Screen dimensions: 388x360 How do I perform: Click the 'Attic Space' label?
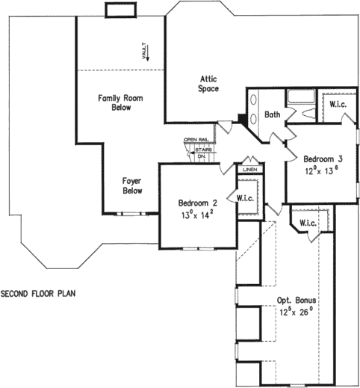[208, 83]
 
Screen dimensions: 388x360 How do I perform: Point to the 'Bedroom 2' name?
[197, 203]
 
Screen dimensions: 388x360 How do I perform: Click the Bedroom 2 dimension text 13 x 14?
[197, 215]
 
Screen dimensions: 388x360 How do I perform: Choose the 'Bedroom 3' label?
[323, 158]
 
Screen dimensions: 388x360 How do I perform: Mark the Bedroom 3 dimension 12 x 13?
[323, 170]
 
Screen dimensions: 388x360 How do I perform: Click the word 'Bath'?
[273, 115]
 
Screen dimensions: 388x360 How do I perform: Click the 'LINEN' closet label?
[249, 169]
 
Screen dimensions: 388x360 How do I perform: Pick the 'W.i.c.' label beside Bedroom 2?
[247, 198]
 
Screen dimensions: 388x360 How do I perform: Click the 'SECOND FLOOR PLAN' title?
[37, 293]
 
